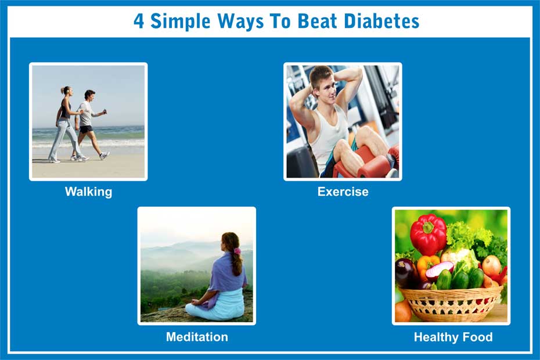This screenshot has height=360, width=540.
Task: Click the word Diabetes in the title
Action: (x=381, y=21)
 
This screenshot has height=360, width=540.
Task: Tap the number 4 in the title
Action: (x=138, y=21)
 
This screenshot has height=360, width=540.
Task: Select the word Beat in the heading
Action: (x=317, y=21)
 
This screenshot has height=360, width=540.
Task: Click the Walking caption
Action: (x=88, y=192)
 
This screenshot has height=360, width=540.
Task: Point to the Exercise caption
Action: (x=343, y=192)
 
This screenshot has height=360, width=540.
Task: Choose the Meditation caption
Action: (x=197, y=337)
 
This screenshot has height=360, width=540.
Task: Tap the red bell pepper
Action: (x=428, y=234)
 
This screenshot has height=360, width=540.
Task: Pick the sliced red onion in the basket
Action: (x=440, y=270)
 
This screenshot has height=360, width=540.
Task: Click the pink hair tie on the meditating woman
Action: (x=237, y=251)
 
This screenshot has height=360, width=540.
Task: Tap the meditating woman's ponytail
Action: (x=236, y=264)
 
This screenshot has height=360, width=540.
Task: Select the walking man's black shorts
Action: (x=86, y=129)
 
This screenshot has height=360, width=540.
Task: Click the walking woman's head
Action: (x=66, y=91)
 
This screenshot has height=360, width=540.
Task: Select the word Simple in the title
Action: (x=181, y=21)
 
